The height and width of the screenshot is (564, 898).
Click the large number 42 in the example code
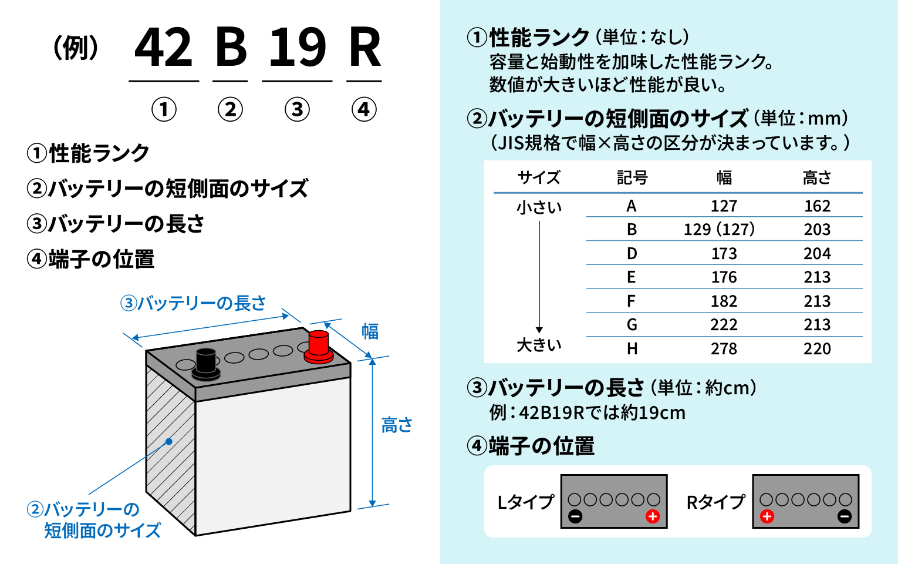[x=164, y=48]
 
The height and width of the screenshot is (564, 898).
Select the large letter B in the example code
[x=231, y=48]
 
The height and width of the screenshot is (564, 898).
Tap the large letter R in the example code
[x=364, y=48]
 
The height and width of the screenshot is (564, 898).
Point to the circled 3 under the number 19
[x=298, y=109]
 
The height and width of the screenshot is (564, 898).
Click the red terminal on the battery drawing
[x=319, y=347]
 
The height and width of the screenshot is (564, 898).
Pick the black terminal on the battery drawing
[x=206, y=364]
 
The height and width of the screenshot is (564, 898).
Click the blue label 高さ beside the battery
[x=397, y=425]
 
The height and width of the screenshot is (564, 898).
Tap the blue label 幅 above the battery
[x=370, y=331]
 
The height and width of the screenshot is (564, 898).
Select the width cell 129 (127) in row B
[x=719, y=229]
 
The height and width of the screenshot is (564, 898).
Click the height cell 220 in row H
[x=817, y=349]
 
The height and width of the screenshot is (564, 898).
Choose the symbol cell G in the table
[x=632, y=325]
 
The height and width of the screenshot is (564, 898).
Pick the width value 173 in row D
[x=724, y=253]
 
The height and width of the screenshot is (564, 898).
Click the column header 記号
[x=632, y=177]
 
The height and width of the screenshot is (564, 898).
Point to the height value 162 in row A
[x=817, y=206]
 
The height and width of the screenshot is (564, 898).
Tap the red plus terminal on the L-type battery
[x=653, y=516]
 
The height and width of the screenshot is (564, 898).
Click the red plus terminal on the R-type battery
[x=767, y=516]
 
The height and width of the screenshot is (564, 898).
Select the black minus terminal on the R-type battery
[x=845, y=516]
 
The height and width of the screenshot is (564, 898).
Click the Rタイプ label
[x=715, y=502]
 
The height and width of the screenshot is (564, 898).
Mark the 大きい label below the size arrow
[x=539, y=345]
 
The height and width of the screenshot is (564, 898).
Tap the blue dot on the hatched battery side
[x=169, y=441]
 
